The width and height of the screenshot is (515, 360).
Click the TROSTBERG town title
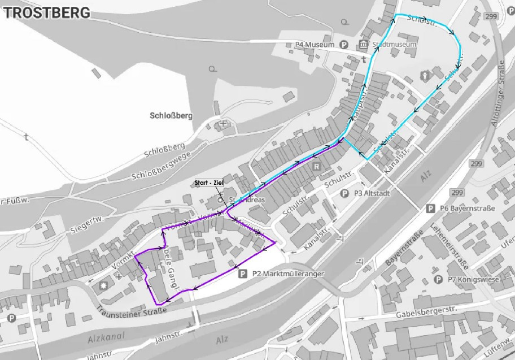coord(46,12)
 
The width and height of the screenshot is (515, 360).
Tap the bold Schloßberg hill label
coord(172,115)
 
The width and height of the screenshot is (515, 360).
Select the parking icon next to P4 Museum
coord(344,45)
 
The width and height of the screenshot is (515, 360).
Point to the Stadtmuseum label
coord(395,45)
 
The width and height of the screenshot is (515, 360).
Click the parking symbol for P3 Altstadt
coord(344,193)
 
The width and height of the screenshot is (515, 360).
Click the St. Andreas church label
coord(247,200)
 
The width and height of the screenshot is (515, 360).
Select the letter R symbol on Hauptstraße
coord(316,167)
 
